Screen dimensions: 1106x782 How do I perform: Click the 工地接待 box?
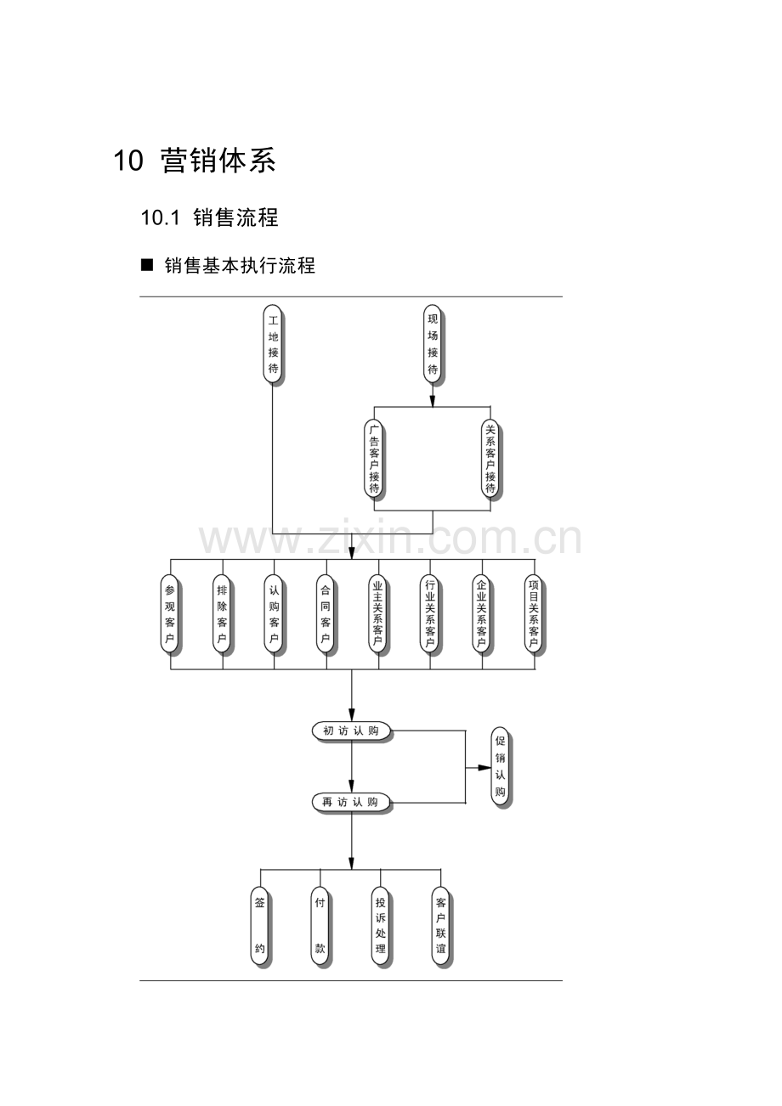click(273, 345)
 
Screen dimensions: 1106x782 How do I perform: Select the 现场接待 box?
click(433, 345)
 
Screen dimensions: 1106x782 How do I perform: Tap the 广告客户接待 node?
click(374, 460)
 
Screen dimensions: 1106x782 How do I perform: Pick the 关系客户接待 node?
click(490, 460)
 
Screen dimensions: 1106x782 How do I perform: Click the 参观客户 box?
click(170, 613)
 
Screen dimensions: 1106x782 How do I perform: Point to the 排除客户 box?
click(222, 613)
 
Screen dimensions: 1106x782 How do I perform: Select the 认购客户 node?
click(274, 613)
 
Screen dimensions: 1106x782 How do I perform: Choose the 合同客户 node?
click(325, 613)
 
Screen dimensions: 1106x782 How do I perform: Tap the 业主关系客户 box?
click(378, 613)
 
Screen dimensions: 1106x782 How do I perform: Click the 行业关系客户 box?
click(430, 613)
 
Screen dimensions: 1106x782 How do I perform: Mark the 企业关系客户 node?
click(482, 613)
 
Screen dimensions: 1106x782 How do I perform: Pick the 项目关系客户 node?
click(534, 613)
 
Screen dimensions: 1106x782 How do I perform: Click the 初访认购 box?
click(351, 731)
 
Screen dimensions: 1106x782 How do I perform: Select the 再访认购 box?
click(351, 802)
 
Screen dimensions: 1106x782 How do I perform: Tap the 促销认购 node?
click(501, 766)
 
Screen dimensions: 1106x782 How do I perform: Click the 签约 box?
click(260, 926)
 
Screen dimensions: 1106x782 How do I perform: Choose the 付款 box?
click(320, 926)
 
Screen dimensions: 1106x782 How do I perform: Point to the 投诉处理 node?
click(381, 926)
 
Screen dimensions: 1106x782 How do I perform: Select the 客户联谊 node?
click(440, 926)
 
